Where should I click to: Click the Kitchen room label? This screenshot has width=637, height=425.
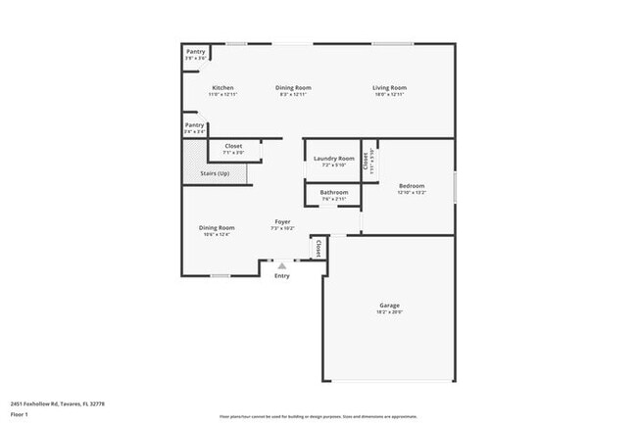pos(222,88)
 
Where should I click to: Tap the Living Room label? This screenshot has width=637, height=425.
pos(389,88)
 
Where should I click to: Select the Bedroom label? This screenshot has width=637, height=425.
pos(411,186)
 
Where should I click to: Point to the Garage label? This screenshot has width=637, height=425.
pos(389,306)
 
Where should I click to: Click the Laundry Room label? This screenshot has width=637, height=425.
pos(333,159)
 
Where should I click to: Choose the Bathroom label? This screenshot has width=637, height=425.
pos(333,192)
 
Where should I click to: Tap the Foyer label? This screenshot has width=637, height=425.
pos(282,222)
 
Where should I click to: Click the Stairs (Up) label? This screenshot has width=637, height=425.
pos(215,173)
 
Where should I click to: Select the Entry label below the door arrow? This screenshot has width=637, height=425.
pos(282,276)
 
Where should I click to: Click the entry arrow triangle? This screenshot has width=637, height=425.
pos(282,265)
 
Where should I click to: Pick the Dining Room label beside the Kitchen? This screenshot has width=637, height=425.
pos(295,88)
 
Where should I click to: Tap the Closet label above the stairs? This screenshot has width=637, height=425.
pos(233,146)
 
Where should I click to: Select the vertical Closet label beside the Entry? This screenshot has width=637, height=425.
pos(318,249)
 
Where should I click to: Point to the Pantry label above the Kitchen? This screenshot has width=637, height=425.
pos(195,53)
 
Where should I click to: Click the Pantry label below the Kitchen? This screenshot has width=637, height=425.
pos(195,125)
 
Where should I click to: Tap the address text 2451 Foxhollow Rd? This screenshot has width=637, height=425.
pos(58,402)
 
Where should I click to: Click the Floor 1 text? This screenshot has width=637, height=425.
pos(20,414)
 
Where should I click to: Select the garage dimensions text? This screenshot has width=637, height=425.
pos(389,312)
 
